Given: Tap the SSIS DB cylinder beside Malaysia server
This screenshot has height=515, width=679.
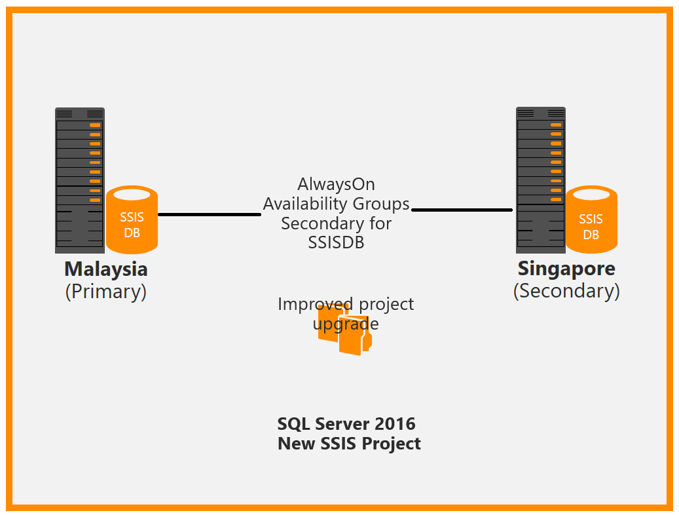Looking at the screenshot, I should tap(132, 220).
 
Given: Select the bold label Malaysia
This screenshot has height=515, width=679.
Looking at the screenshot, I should tap(105, 269).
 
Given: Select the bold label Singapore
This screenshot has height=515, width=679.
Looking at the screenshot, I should tap(566, 269).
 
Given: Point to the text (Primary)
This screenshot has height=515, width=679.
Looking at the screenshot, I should tap(105, 291).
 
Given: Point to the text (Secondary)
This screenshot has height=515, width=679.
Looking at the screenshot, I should tap(566, 290).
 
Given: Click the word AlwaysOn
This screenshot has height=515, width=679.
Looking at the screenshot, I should tap(336, 184).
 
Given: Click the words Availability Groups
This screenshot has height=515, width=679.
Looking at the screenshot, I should tap(336, 204).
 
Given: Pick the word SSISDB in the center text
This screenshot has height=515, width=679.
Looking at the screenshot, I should tap(336, 242).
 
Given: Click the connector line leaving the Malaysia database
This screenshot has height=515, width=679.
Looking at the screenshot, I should tap(210, 214).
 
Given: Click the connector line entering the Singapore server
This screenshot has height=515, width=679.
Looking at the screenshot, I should tap(462, 210).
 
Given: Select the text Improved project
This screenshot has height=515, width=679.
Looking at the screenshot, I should tap(346, 304).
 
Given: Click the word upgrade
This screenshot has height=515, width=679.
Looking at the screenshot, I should tap(346, 324).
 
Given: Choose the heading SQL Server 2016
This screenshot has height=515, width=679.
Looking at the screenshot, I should tap(346, 424).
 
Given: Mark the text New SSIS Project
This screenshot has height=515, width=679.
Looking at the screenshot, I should tap(349, 444).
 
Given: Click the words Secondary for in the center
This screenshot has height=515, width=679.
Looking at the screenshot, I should tap(336, 223).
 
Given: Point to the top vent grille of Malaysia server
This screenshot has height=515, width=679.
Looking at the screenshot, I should tap(65, 113).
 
